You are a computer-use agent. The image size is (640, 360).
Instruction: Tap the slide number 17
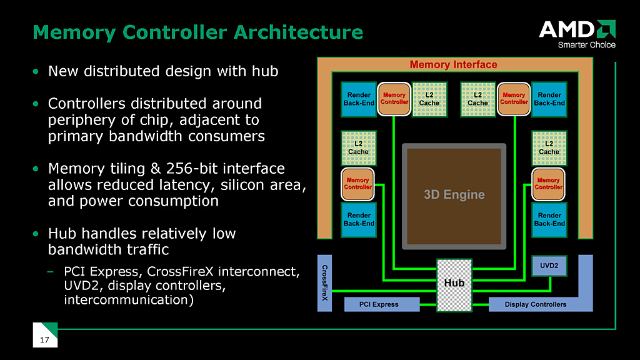tap(44, 340)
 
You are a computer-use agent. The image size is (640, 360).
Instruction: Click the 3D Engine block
tap(454, 194)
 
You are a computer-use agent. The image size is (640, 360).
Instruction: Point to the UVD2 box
tap(549, 266)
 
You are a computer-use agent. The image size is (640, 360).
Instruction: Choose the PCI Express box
tap(380, 304)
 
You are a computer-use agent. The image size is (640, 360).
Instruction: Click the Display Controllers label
tap(536, 304)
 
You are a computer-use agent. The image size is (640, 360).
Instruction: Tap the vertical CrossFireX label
tap(324, 282)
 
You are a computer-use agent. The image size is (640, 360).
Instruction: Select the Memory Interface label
tap(453, 64)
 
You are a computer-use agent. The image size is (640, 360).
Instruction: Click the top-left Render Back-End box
tap(359, 99)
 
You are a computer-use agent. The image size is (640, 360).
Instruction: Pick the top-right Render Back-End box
tap(549, 99)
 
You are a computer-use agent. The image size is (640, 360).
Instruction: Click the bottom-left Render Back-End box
tap(359, 219)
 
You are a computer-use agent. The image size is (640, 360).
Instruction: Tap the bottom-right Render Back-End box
tap(549, 219)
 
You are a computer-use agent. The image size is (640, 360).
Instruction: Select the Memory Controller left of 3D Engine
tap(359, 184)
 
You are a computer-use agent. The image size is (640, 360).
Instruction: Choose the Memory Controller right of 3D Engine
tap(548, 184)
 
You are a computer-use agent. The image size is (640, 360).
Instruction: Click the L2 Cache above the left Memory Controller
tap(358, 147)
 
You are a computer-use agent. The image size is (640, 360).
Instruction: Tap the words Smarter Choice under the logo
tap(586, 44)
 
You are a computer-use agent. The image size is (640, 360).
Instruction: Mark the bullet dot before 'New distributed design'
tap(36, 72)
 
